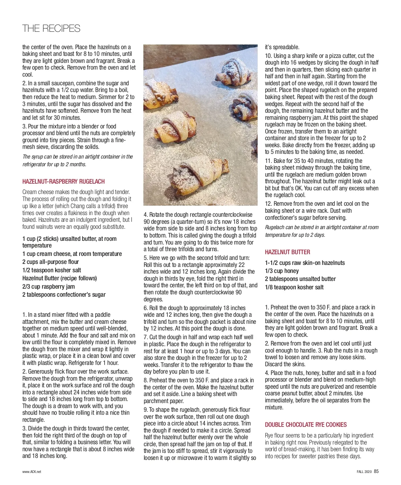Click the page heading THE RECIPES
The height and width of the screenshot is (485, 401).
pos(51,28)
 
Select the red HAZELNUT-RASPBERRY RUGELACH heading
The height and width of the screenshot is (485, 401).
pos(63,182)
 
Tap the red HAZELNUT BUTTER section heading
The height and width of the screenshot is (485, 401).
pos(287,252)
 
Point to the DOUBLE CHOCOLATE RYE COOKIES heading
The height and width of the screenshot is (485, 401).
pos(306,425)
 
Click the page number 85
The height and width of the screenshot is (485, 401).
pos(376,472)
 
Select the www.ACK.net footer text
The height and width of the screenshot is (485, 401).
pos(32,472)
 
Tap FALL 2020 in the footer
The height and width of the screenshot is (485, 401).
pos(364,472)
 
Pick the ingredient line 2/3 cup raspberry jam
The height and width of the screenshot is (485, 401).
pos(48,287)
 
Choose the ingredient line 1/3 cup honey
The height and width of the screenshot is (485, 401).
pos(282,271)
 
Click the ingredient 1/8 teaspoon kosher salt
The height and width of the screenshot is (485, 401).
pos(294,287)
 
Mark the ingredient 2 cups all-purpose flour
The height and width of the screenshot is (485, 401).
pos(50,262)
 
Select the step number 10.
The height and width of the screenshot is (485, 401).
pos(268,56)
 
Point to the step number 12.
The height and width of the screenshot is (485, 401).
pos(268,204)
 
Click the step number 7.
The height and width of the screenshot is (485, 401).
pos(145,337)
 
